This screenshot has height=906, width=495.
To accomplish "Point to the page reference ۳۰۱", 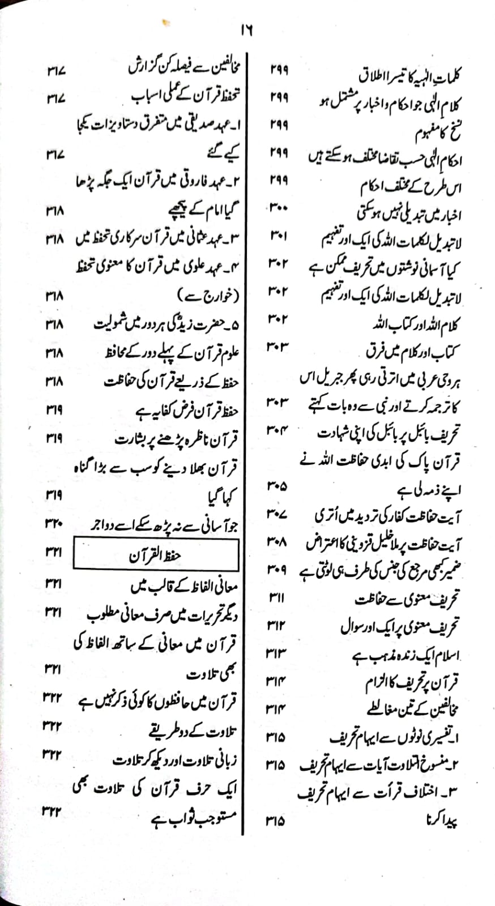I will click(x=278, y=236).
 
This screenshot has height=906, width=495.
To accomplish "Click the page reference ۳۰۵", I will click(x=277, y=485).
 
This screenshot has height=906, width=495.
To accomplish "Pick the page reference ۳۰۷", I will click(x=277, y=514).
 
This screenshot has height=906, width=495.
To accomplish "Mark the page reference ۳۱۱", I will click(x=277, y=597).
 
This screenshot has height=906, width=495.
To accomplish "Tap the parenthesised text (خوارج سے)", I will click(x=208, y=296).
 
